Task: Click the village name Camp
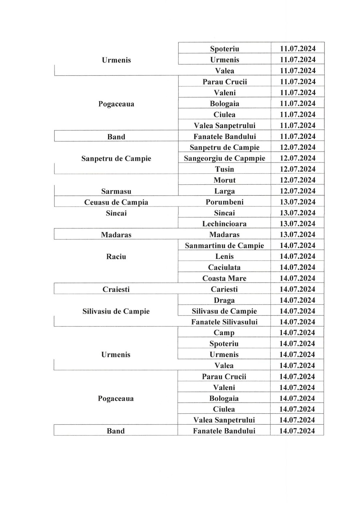[x=224, y=333]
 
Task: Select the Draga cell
[x=224, y=300]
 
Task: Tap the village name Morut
[x=224, y=180]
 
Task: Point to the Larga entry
[x=224, y=191]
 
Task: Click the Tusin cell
[x=224, y=169]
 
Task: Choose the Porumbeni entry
[x=224, y=202]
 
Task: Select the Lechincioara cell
[x=224, y=224]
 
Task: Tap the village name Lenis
[x=224, y=256]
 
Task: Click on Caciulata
[x=224, y=267]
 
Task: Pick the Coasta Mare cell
[x=224, y=278]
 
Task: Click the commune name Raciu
[x=116, y=256]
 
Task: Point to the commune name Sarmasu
[x=116, y=191]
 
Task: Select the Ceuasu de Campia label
[x=116, y=202]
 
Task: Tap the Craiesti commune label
[x=116, y=289]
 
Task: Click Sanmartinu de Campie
[x=224, y=245]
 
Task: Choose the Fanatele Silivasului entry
[x=224, y=322]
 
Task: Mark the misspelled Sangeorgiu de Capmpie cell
[x=224, y=158]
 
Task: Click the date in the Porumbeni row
[x=297, y=202]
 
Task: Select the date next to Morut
[x=297, y=180]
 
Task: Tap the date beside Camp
[x=297, y=333]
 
